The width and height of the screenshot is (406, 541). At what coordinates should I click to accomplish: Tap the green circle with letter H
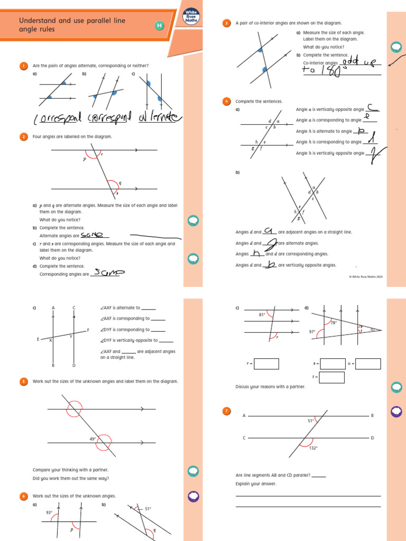click(x=159, y=26)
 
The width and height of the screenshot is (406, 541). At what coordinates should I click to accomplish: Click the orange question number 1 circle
click(x=24, y=66)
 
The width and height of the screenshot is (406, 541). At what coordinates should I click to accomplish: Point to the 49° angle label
click(x=93, y=439)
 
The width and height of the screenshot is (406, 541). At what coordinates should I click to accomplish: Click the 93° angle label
click(x=49, y=512)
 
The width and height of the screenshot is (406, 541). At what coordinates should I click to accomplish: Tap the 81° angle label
click(x=262, y=315)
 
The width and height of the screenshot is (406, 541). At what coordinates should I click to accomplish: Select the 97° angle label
click(x=312, y=332)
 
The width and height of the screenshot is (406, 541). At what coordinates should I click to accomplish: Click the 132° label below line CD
click(x=313, y=448)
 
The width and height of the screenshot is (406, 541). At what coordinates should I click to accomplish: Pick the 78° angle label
click(x=333, y=322)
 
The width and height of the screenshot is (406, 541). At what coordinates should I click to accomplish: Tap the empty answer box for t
click(x=332, y=377)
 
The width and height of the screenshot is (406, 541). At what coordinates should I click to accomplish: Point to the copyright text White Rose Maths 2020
click(x=365, y=277)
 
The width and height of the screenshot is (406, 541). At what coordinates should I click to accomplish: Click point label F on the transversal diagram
click(x=88, y=330)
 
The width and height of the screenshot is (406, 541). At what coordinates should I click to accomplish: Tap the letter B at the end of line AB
click(x=372, y=416)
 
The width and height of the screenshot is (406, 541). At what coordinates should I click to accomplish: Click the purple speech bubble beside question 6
click(x=193, y=496)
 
